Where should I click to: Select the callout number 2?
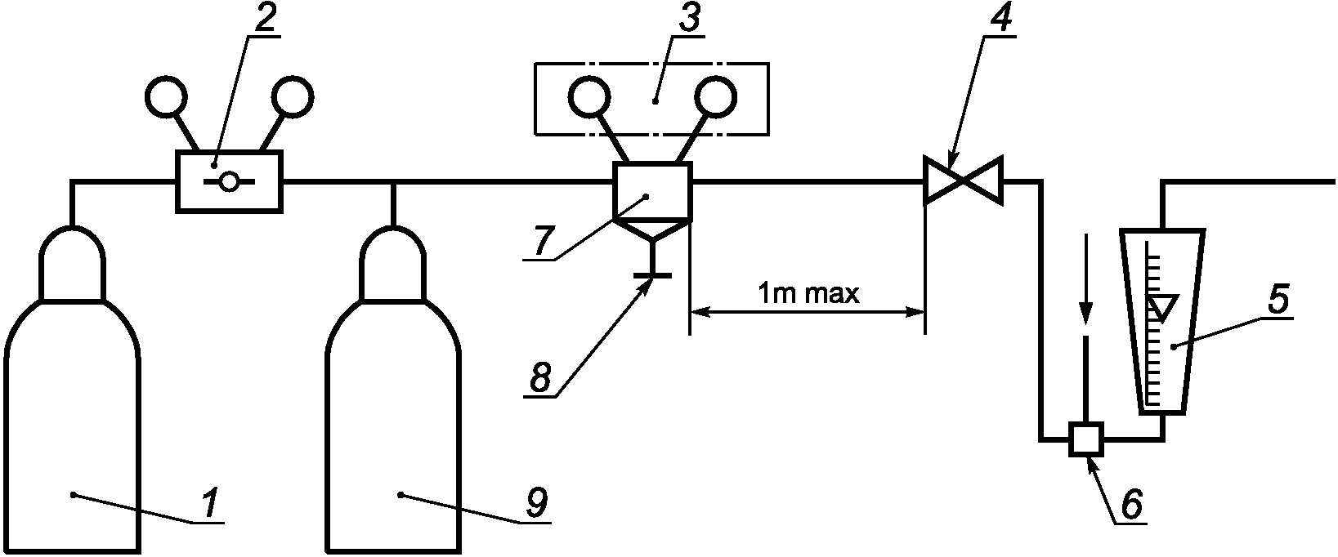coord(265,20)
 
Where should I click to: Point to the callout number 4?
coord(1001,20)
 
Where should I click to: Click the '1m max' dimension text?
coord(808,294)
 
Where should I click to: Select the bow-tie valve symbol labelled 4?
coord(963,180)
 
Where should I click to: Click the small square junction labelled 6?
coord(1087,439)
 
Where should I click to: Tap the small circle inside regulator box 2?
coord(229,181)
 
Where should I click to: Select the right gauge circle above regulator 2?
coord(293,96)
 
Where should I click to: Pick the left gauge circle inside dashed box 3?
coord(589,97)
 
